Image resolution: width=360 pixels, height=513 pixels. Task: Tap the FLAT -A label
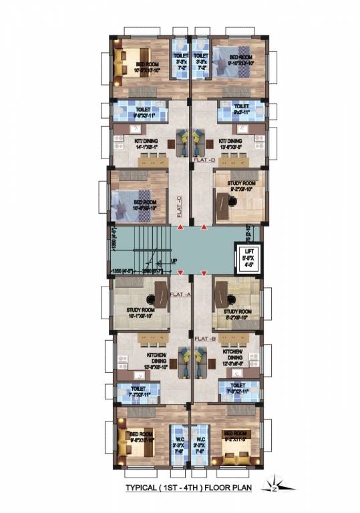[180, 294]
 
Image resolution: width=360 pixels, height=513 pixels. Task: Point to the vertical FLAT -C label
[180, 202]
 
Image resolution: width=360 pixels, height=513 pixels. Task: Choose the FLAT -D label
[204, 161]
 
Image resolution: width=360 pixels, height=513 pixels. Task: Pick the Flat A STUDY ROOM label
[140, 312]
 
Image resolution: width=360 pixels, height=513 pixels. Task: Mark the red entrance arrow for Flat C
[180, 229]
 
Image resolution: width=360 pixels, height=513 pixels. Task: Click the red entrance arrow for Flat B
[204, 272]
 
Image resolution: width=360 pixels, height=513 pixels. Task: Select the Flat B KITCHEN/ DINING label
[232, 353]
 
